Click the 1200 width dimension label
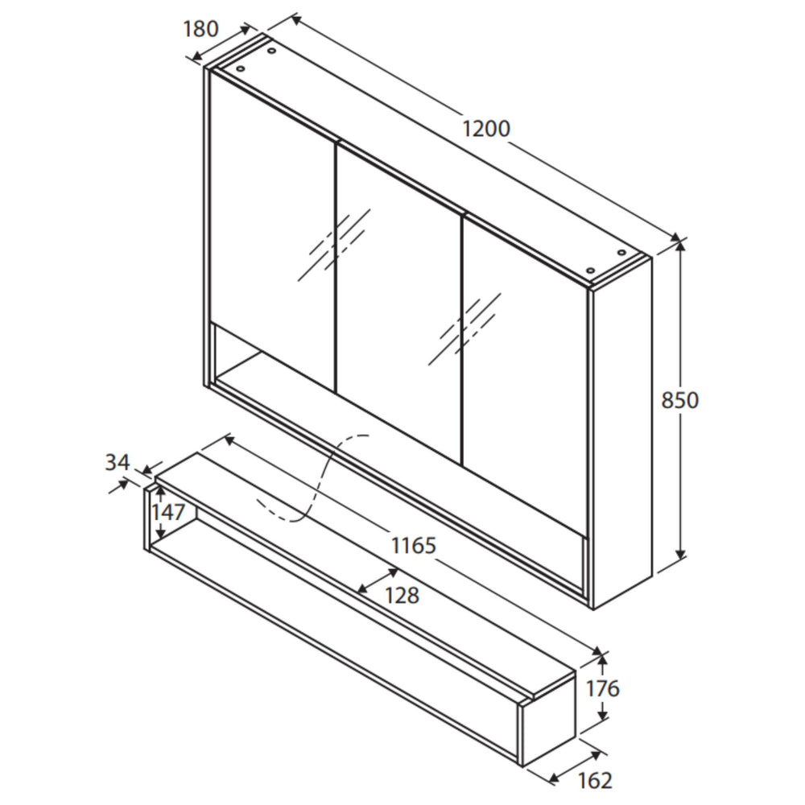(x=486, y=128)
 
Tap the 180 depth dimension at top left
(x=200, y=29)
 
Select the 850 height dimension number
(x=680, y=400)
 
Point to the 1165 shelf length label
(x=414, y=546)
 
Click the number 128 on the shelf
(x=402, y=595)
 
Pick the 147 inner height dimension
(x=169, y=513)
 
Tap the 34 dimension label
(x=117, y=462)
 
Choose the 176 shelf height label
(x=603, y=689)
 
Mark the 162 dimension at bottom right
(x=595, y=780)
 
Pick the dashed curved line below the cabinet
(x=314, y=483)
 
